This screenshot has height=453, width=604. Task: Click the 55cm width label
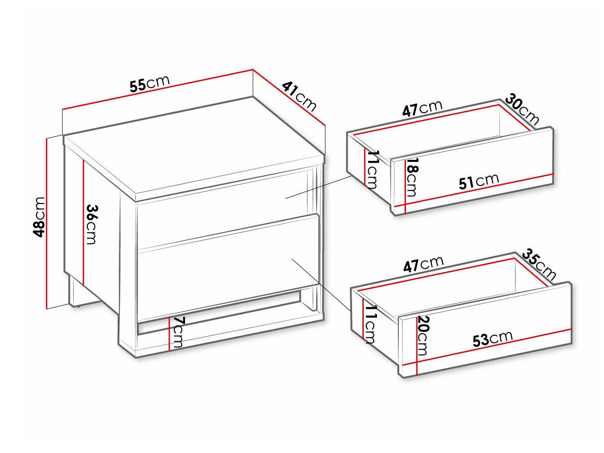(x=150, y=83)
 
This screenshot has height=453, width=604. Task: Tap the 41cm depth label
(x=300, y=96)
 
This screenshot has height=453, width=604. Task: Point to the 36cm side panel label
(x=91, y=224)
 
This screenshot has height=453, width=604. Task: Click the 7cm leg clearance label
(x=178, y=332)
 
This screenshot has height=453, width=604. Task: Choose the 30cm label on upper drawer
(x=522, y=109)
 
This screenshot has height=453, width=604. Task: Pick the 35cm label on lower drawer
(x=539, y=264)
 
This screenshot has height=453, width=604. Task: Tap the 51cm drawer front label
(x=479, y=181)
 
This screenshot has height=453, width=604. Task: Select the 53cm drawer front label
(x=493, y=338)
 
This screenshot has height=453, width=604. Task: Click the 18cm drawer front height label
(x=412, y=177)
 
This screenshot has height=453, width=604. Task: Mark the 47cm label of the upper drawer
(x=422, y=108)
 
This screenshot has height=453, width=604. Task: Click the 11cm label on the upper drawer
(x=373, y=169)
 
